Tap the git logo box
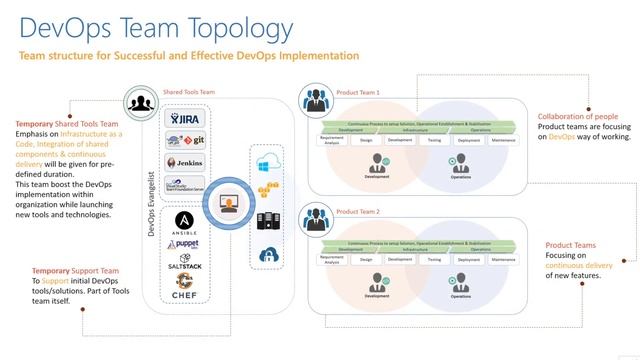pyautogui.click(x=185, y=141)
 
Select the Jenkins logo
pyautogui.click(x=185, y=162)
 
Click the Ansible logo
pyautogui.click(x=185, y=221)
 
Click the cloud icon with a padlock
pyautogui.click(x=269, y=255)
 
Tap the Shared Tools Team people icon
pyautogui.click(x=139, y=101)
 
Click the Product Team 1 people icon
pyautogui.click(x=318, y=101)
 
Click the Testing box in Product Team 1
pyautogui.click(x=434, y=141)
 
